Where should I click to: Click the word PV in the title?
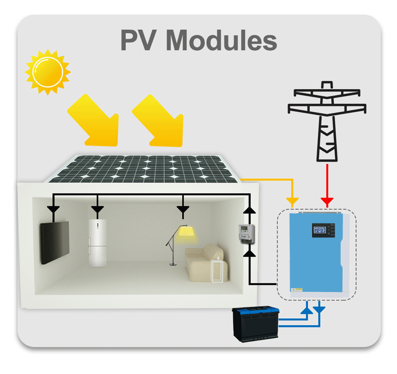[x=138, y=40]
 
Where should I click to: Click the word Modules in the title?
[x=221, y=40]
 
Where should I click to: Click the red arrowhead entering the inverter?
[x=327, y=201]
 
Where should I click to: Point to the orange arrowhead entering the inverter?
[x=293, y=201]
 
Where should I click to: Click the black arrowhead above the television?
[x=53, y=209]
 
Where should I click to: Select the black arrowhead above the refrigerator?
[x=97, y=209]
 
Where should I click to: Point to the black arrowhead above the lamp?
[x=183, y=209]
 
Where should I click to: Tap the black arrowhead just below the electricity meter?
[x=249, y=255]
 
